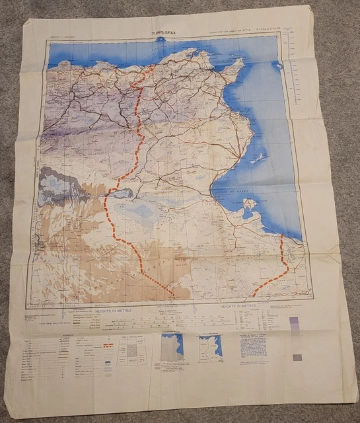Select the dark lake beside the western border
(121, 193)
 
